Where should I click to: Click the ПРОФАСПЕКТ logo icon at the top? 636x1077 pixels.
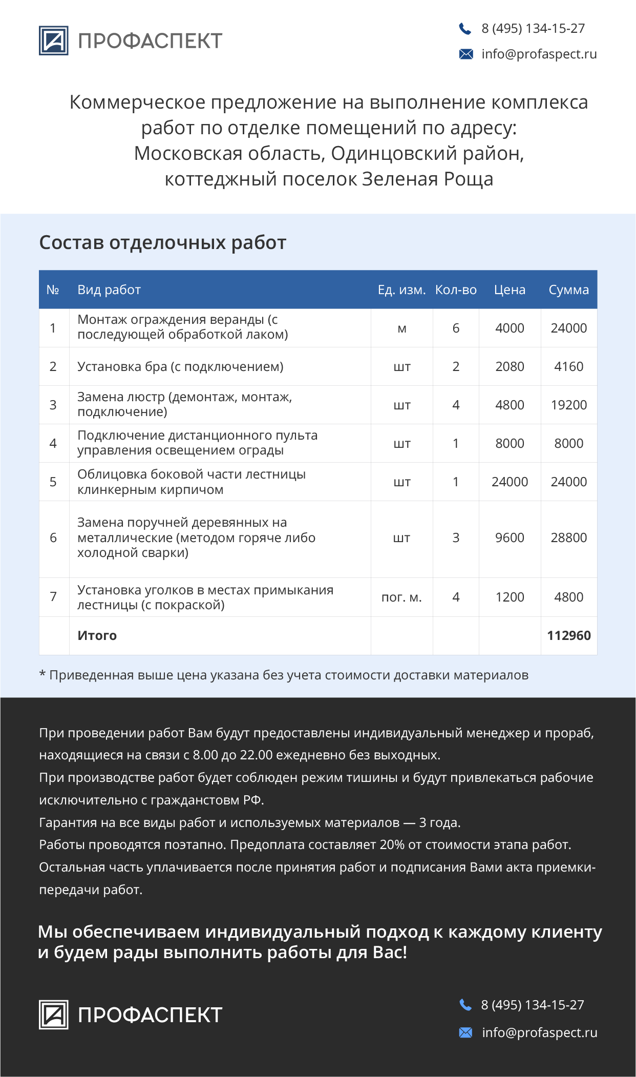pyautogui.click(x=53, y=40)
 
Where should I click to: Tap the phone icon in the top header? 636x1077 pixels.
pyautogui.click(x=465, y=29)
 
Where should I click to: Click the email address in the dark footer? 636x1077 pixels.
pyautogui.click(x=539, y=1032)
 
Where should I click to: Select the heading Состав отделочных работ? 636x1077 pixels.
pyautogui.click(x=162, y=242)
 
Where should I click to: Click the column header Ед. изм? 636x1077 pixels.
pyautogui.click(x=401, y=290)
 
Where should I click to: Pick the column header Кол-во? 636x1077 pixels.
pyautogui.click(x=456, y=290)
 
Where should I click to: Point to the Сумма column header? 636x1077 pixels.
pyautogui.click(x=568, y=290)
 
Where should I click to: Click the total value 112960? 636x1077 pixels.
pyautogui.click(x=568, y=635)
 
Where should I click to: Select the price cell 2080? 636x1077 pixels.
pyautogui.click(x=510, y=366)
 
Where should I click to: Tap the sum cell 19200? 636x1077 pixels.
pyautogui.click(x=568, y=405)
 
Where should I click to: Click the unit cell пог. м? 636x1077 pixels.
pyautogui.click(x=401, y=597)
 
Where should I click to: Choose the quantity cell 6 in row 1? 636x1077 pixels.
pyautogui.click(x=456, y=328)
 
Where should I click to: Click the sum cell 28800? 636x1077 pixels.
pyautogui.click(x=568, y=537)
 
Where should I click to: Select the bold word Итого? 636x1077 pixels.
pyautogui.click(x=97, y=635)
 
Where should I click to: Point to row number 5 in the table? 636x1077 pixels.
pyautogui.click(x=53, y=482)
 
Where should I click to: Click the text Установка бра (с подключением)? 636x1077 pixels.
pyautogui.click(x=180, y=366)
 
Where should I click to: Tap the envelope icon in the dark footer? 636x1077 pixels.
pyautogui.click(x=465, y=1032)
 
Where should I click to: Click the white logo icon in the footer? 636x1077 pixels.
pyautogui.click(x=53, y=1014)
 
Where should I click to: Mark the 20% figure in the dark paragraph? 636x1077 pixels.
pyautogui.click(x=392, y=845)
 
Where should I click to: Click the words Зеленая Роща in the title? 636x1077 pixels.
pyautogui.click(x=428, y=179)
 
